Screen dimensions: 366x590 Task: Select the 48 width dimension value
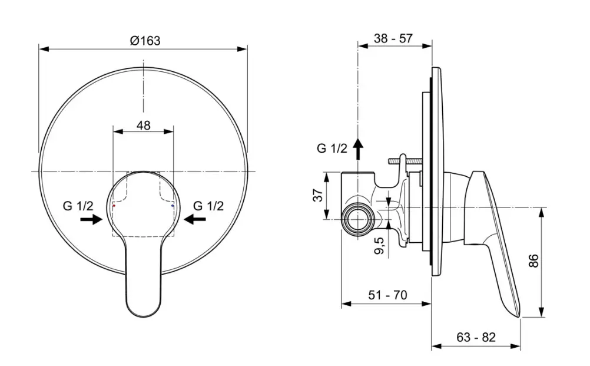tap(143, 125)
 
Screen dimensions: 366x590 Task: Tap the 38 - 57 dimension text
tap(393, 39)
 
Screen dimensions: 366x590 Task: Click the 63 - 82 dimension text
tap(476, 337)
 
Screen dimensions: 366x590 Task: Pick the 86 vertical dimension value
tap(533, 261)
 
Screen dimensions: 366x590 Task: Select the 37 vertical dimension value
tap(316, 195)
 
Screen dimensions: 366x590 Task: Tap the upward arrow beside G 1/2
tap(358, 147)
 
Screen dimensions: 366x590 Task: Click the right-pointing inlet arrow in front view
tap(91, 219)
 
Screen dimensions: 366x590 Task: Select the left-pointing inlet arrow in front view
tap(195, 219)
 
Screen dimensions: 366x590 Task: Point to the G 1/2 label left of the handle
tap(78, 206)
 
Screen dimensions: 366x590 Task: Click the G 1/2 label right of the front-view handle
tap(208, 206)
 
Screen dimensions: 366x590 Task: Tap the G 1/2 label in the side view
tap(332, 149)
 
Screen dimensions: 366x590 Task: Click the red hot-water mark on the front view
tap(113, 207)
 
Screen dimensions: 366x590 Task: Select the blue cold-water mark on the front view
tap(173, 207)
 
